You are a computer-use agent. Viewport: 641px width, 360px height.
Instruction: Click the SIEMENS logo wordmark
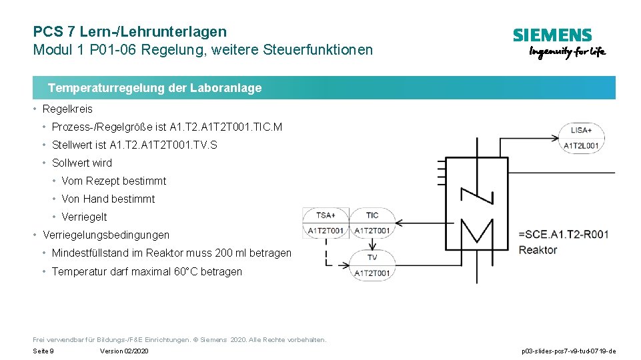[x=552, y=35]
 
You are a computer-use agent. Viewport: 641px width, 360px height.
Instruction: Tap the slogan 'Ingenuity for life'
[x=567, y=53]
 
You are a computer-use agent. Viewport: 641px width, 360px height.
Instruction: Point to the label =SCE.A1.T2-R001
[x=563, y=234]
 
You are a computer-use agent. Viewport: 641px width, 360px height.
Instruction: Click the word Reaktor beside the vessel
[x=538, y=250]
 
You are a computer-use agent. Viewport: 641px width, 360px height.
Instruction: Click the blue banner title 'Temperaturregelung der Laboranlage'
[x=155, y=88]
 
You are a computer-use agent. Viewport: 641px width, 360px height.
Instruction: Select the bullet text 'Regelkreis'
[x=67, y=109]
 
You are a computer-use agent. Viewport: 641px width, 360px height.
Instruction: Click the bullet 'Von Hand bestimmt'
[x=108, y=199]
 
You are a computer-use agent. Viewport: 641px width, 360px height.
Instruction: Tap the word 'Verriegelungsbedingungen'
[x=106, y=235]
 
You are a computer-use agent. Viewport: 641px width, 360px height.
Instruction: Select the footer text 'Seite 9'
[x=43, y=351]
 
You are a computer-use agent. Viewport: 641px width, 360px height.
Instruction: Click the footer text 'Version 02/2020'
[x=124, y=351]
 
